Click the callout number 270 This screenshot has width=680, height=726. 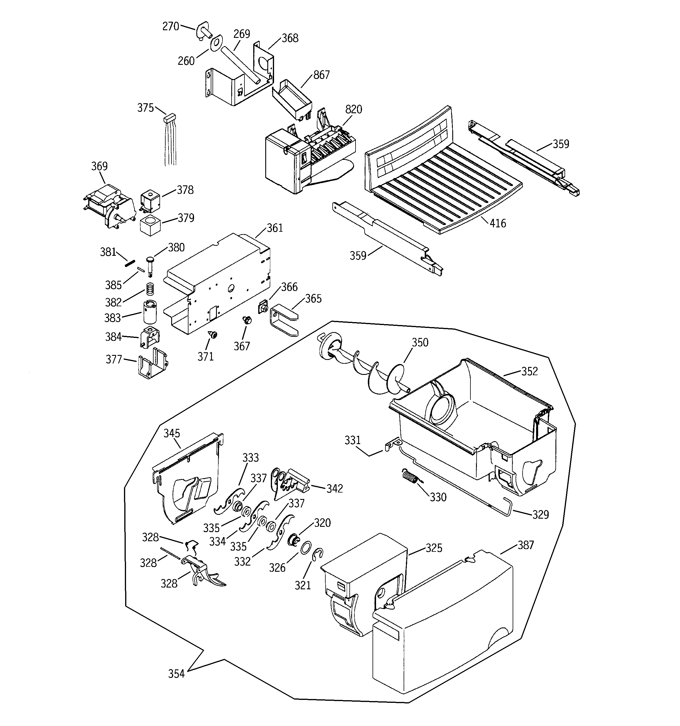point(171,26)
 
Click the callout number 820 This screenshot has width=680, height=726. point(353,109)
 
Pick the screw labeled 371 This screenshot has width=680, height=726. point(213,334)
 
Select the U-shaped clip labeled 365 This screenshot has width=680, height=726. point(284,319)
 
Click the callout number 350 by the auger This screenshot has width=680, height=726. point(420,342)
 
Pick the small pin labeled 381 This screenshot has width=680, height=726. point(130,263)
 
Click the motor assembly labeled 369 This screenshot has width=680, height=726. point(107,206)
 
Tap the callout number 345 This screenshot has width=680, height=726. point(171,434)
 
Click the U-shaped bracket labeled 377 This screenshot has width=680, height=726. point(153,363)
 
